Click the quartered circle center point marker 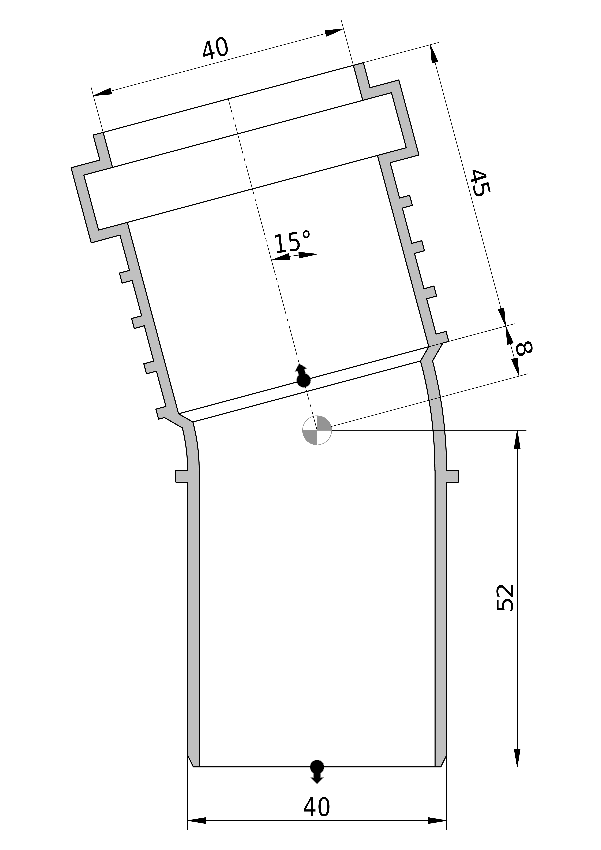tap(317, 430)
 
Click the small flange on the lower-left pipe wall tap(182, 476)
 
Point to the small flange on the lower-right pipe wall tap(453, 476)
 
